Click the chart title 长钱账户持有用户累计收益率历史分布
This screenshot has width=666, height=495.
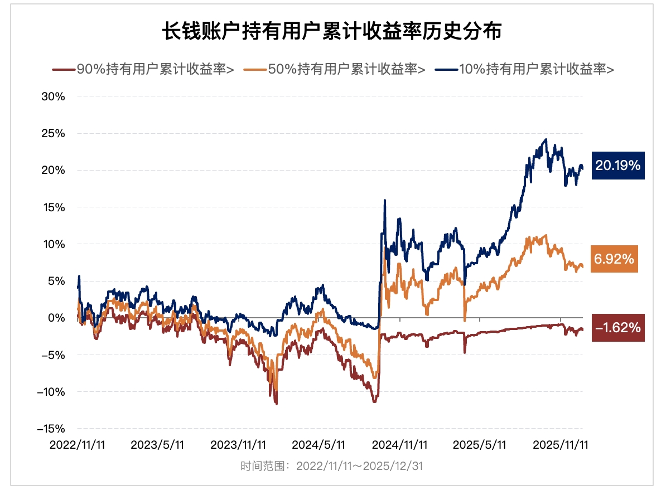pos(332,32)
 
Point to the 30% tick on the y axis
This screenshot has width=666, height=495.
pos(53,96)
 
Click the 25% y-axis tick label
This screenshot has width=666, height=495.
pos(53,133)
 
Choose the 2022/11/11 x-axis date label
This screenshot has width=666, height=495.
pos(77,445)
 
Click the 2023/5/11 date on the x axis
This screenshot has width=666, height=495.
pos(157,445)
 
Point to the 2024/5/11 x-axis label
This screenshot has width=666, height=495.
pos(318,445)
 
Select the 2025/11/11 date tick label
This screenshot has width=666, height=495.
pos(561,445)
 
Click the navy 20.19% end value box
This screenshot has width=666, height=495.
pos(617,166)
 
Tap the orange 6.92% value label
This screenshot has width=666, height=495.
pos(614,259)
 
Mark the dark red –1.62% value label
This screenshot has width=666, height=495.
pos(617,328)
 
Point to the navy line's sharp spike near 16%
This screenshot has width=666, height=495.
pos(384,200)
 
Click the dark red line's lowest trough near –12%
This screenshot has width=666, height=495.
pos(276,404)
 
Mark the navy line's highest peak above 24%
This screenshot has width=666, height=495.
pos(546,139)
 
